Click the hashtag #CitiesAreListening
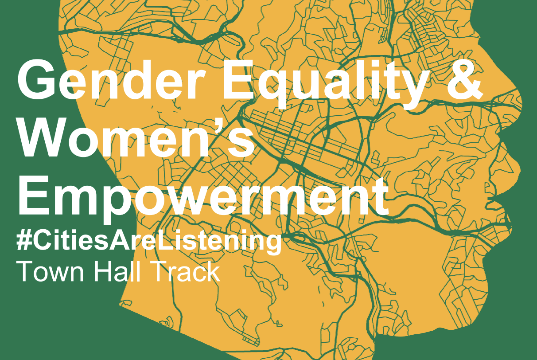coord(148,241)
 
